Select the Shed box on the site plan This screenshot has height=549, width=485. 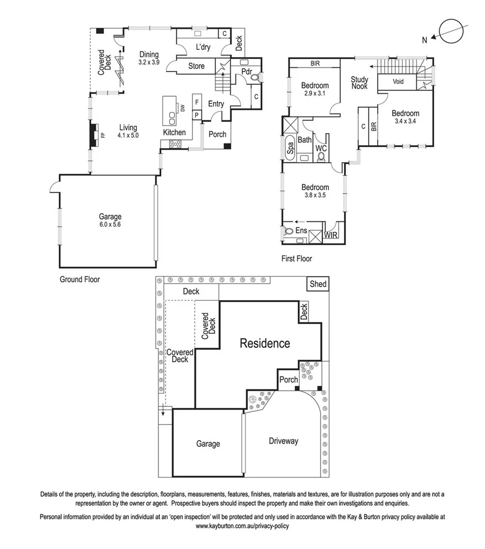318,284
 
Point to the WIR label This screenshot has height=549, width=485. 330,235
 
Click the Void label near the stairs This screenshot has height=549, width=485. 398,82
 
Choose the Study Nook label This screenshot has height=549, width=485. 359,83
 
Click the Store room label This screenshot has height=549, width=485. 196,66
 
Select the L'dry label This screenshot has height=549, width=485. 202,47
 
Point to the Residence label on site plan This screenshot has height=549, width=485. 265,343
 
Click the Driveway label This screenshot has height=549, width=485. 283,441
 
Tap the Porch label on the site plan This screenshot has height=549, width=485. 289,379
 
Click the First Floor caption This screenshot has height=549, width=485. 297,259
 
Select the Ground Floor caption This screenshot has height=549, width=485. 79,279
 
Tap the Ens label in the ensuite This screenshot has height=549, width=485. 301,231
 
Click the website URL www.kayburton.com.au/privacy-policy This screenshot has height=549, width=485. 242,526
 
